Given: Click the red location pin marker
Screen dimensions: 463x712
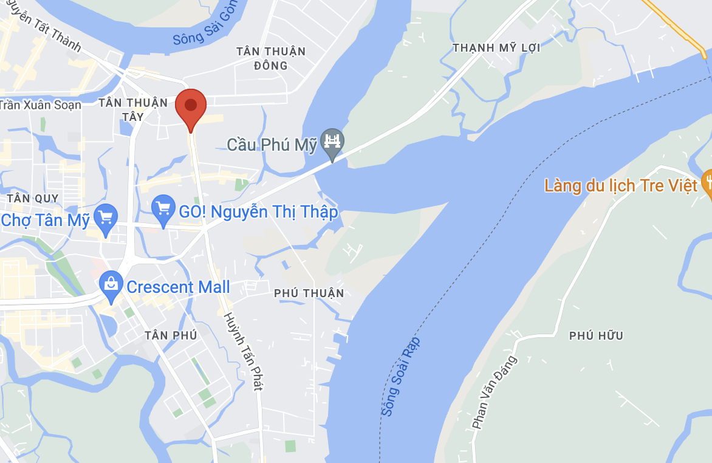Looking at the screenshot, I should tap(191, 107).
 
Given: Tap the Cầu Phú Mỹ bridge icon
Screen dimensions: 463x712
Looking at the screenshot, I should tap(332, 142).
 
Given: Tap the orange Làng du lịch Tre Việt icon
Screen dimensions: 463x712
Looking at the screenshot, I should tap(707, 182).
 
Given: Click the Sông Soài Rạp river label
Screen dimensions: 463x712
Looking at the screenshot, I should tap(401, 377).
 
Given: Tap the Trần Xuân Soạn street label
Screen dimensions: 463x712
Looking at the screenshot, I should tap(40, 105).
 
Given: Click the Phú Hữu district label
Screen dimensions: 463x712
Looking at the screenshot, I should tap(596, 335).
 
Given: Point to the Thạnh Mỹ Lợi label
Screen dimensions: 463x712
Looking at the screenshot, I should tap(496, 47).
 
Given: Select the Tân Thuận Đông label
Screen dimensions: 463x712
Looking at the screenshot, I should tap(271, 58).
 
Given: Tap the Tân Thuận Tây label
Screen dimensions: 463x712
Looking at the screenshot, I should tap(133, 109).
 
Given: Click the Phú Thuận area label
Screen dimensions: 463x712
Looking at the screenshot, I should tap(309, 293).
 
